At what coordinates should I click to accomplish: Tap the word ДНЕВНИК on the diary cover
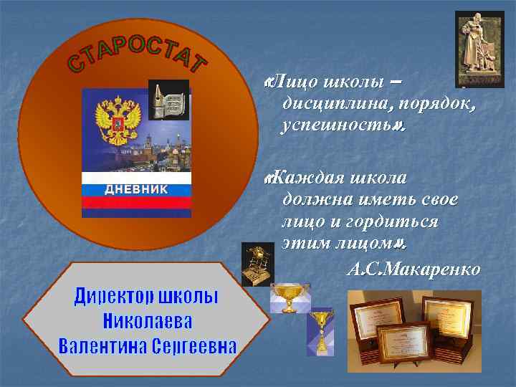137,189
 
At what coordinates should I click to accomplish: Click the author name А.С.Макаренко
413,270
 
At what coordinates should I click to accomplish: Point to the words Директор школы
147,297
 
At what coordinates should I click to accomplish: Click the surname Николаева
148,321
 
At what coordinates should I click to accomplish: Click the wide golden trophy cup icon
290,298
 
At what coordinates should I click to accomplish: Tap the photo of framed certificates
410,330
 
